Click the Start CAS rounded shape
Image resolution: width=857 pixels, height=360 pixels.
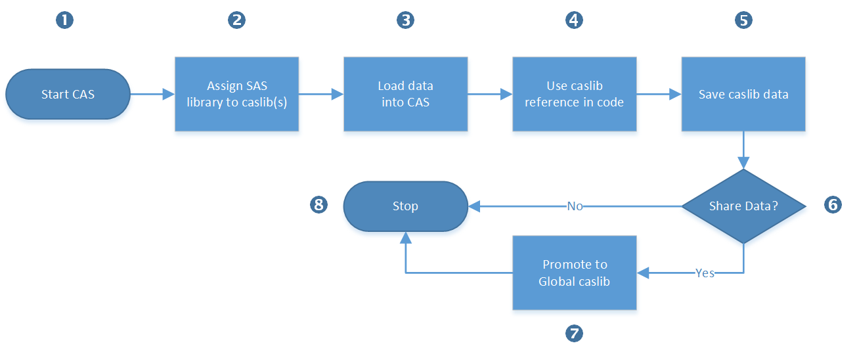pyautogui.click(x=68, y=94)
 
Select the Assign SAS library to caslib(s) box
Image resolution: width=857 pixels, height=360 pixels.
pyautogui.click(x=237, y=94)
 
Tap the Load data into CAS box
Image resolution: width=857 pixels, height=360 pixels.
pyautogui.click(x=406, y=94)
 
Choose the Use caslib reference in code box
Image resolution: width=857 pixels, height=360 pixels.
pyautogui.click(x=574, y=94)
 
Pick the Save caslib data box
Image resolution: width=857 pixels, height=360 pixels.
pyautogui.click(x=743, y=94)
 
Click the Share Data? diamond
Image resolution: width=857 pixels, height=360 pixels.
pyautogui.click(x=743, y=206)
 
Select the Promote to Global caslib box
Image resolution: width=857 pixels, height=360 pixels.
pyautogui.click(x=574, y=273)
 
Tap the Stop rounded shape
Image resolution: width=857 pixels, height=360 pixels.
pyautogui.click(x=406, y=206)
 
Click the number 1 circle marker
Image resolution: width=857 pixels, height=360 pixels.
pyautogui.click(x=64, y=20)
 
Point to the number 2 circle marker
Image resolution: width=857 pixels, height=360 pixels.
pyautogui.click(x=237, y=20)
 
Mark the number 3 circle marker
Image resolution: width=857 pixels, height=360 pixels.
pyautogui.click(x=406, y=20)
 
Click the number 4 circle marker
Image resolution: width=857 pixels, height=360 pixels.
pyautogui.click(x=574, y=20)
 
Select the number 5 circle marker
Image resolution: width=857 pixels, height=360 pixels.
pyautogui.click(x=744, y=20)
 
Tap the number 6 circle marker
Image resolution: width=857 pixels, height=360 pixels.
pyautogui.click(x=833, y=205)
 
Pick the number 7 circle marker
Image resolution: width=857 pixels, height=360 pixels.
pyautogui.click(x=574, y=333)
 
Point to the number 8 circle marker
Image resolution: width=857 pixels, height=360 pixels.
pyautogui.click(x=319, y=205)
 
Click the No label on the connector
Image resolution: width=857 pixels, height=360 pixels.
pyautogui.click(x=575, y=206)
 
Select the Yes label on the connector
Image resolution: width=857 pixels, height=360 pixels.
pyautogui.click(x=705, y=273)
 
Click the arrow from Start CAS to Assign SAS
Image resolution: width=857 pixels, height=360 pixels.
pyautogui.click(x=152, y=94)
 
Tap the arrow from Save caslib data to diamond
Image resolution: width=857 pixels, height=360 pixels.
pyautogui.click(x=743, y=150)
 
